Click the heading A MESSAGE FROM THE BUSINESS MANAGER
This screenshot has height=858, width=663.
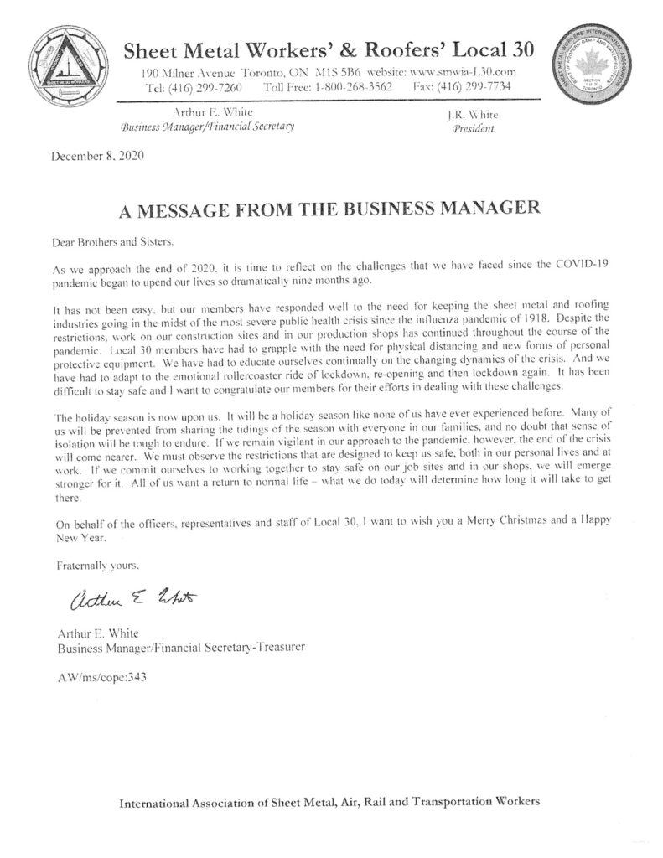(331, 208)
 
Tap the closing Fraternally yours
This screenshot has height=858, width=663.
(95, 566)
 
